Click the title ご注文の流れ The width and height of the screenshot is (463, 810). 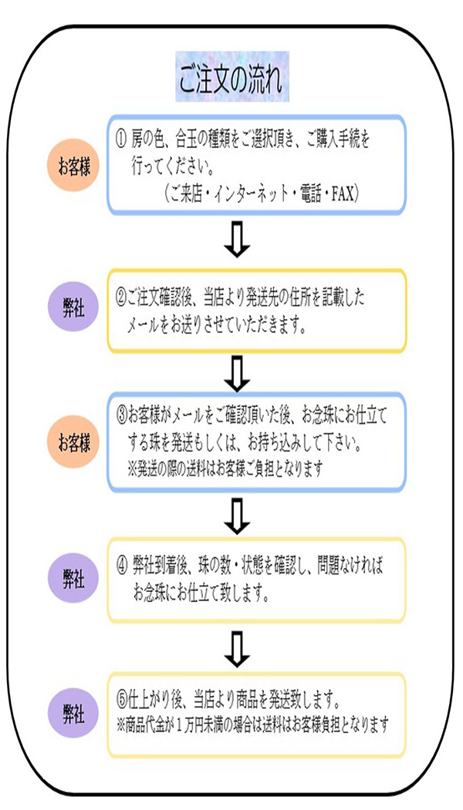[x=231, y=77]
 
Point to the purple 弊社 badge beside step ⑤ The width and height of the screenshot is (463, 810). [x=73, y=714]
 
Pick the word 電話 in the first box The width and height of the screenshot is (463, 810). [x=302, y=194]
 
